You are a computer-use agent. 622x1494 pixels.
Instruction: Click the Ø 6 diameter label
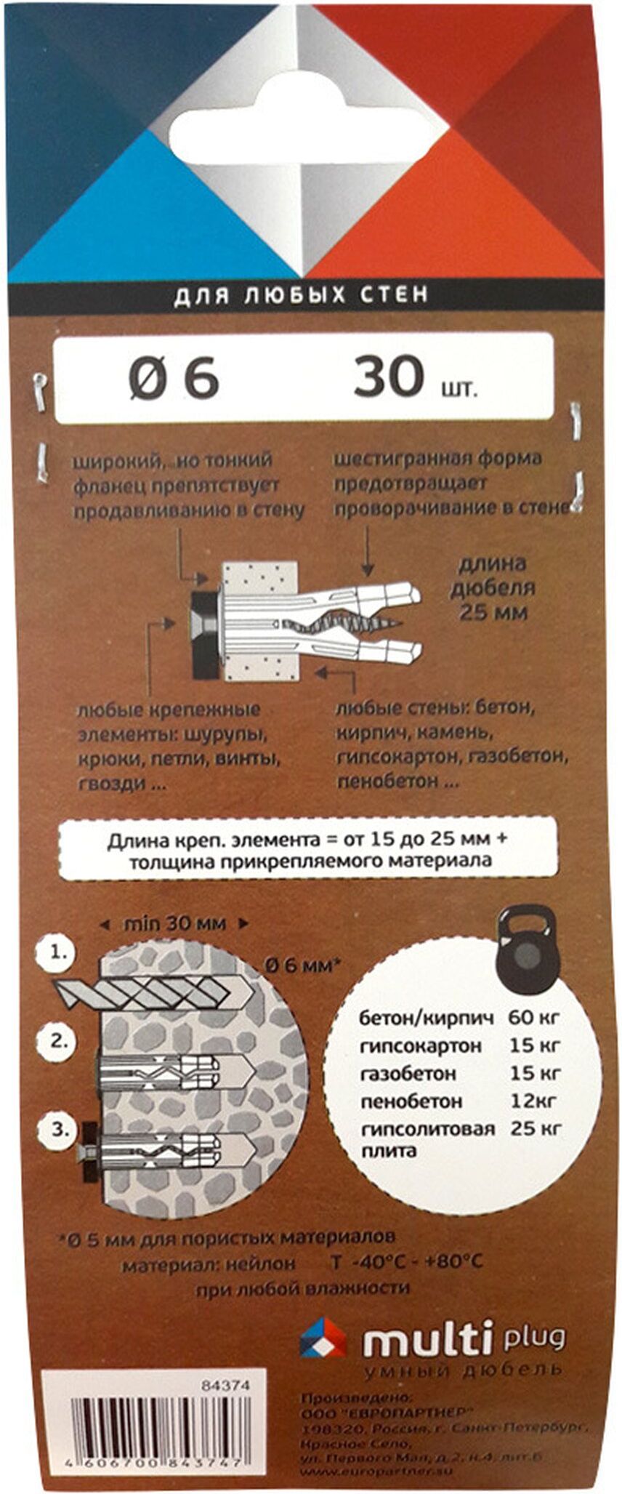click(x=174, y=377)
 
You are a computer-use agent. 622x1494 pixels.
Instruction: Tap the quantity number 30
click(x=389, y=377)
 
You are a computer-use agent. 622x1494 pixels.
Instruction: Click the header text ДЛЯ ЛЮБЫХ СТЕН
click(x=301, y=296)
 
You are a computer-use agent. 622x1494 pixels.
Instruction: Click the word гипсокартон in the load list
click(x=421, y=1045)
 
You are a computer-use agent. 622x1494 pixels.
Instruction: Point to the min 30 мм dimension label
click(x=174, y=924)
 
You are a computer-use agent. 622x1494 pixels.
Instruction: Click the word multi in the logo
click(x=429, y=1340)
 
